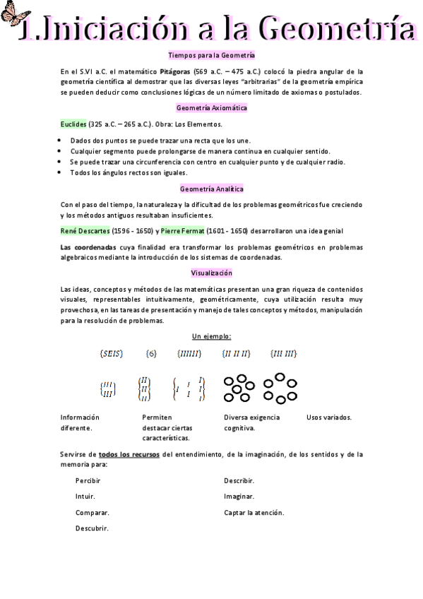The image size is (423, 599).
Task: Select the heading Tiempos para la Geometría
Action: tap(212, 54)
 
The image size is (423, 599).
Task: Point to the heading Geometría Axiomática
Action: tap(212, 108)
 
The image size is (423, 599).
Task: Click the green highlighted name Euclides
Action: tap(73, 124)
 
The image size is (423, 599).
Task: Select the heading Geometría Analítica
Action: tap(212, 189)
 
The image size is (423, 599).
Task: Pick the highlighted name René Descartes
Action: tap(85, 230)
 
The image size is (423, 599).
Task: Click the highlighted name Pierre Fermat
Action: tap(182, 230)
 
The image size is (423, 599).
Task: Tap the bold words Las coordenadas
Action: tap(87, 247)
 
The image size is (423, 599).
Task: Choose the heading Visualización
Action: tap(212, 273)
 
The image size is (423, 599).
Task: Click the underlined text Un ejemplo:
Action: tap(212, 336)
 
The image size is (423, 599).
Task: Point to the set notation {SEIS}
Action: tap(112, 353)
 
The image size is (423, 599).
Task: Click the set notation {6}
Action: tap(151, 353)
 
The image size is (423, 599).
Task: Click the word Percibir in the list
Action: tap(88, 480)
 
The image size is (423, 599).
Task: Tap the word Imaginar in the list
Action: tap(239, 497)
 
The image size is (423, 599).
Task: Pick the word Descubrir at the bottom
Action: tap(92, 528)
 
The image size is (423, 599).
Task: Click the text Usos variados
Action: tap(329, 417)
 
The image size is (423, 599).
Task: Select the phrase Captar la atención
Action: tap(254, 512)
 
